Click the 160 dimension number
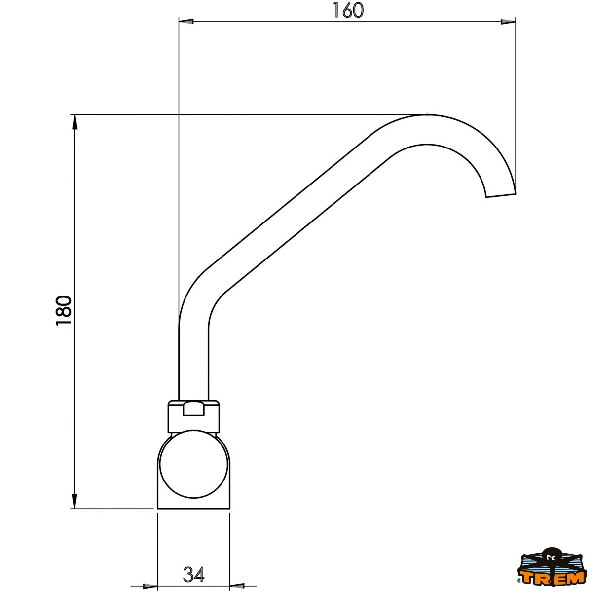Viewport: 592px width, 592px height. coord(348,10)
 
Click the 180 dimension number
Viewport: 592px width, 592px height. coord(64,311)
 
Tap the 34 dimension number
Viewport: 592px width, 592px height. coord(193,574)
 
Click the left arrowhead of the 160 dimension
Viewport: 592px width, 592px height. coord(186,22)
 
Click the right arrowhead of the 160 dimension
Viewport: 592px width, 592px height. coord(508,22)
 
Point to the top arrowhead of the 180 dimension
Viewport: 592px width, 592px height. coord(74,122)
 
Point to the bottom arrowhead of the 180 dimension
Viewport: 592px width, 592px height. coord(74,501)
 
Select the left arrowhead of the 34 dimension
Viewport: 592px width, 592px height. coord(150,586)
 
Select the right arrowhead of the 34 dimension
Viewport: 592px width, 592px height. coord(237,586)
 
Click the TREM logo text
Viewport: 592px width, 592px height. coord(554,578)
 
